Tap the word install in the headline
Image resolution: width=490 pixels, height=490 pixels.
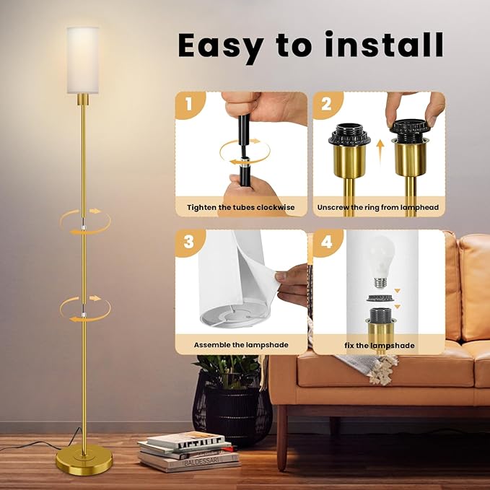click(384, 44)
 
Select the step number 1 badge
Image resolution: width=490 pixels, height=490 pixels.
click(189, 104)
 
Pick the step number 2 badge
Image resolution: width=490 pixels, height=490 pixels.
click(327, 104)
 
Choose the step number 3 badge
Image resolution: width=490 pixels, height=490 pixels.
click(189, 242)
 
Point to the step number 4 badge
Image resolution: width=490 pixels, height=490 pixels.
click(327, 242)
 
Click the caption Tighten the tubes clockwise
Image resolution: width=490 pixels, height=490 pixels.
click(241, 208)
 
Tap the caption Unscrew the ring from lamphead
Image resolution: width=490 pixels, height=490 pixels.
click(378, 208)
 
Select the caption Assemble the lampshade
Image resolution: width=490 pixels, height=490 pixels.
click(241, 345)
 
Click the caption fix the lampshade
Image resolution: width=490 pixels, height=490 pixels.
click(380, 346)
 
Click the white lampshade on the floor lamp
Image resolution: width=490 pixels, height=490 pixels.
click(83, 60)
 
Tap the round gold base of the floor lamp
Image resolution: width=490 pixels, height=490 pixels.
click(84, 460)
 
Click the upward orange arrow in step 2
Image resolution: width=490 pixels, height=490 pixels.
click(380, 152)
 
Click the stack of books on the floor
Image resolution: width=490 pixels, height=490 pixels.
click(189, 451)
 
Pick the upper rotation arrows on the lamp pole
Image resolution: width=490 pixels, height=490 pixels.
click(85, 222)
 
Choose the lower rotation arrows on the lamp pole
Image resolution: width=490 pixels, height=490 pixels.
click(85, 309)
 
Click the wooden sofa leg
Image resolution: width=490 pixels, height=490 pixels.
click(282, 437)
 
